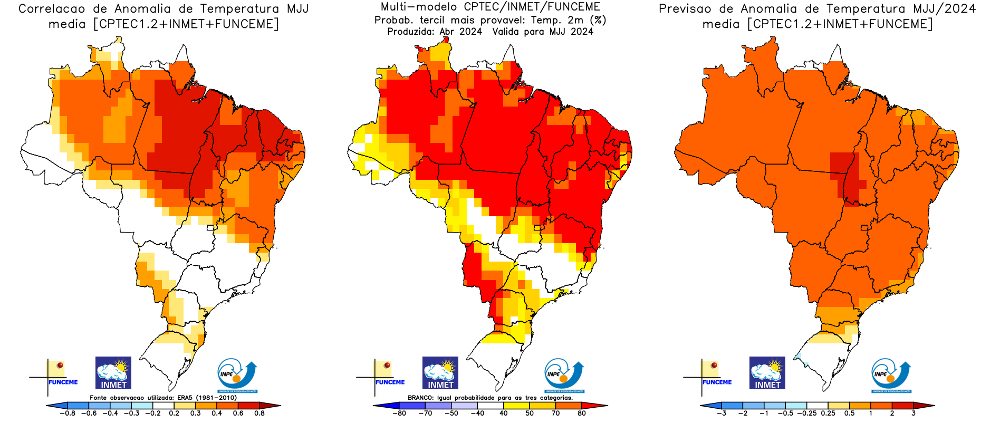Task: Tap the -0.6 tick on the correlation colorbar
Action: coord(89,414)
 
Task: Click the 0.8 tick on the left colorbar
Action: coord(259,414)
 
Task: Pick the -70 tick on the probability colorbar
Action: coord(425,414)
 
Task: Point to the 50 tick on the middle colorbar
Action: coord(529,414)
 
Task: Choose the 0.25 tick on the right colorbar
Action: coord(828,414)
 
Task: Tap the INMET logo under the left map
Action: coord(113,373)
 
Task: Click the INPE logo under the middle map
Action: coord(564,376)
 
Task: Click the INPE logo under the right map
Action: coord(891,376)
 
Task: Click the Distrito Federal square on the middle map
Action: coord(537,228)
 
